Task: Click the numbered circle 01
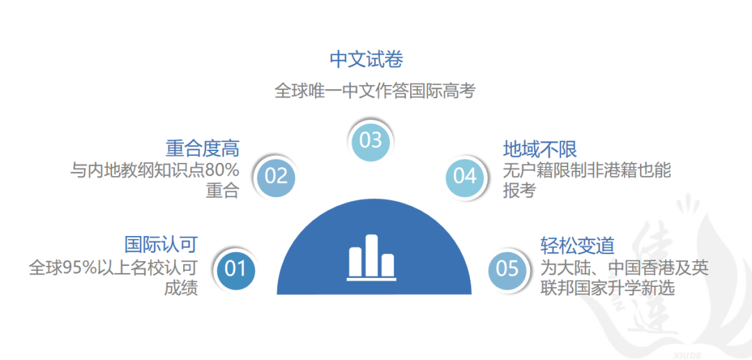235,269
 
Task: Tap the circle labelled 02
276,176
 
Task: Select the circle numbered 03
370,141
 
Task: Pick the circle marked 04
464,176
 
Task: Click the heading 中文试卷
366,60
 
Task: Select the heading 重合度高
203,148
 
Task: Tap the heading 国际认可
161,244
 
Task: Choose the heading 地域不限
540,149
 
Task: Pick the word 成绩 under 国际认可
181,288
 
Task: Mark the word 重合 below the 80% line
223,191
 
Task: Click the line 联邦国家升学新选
608,288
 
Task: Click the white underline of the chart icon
371,279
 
